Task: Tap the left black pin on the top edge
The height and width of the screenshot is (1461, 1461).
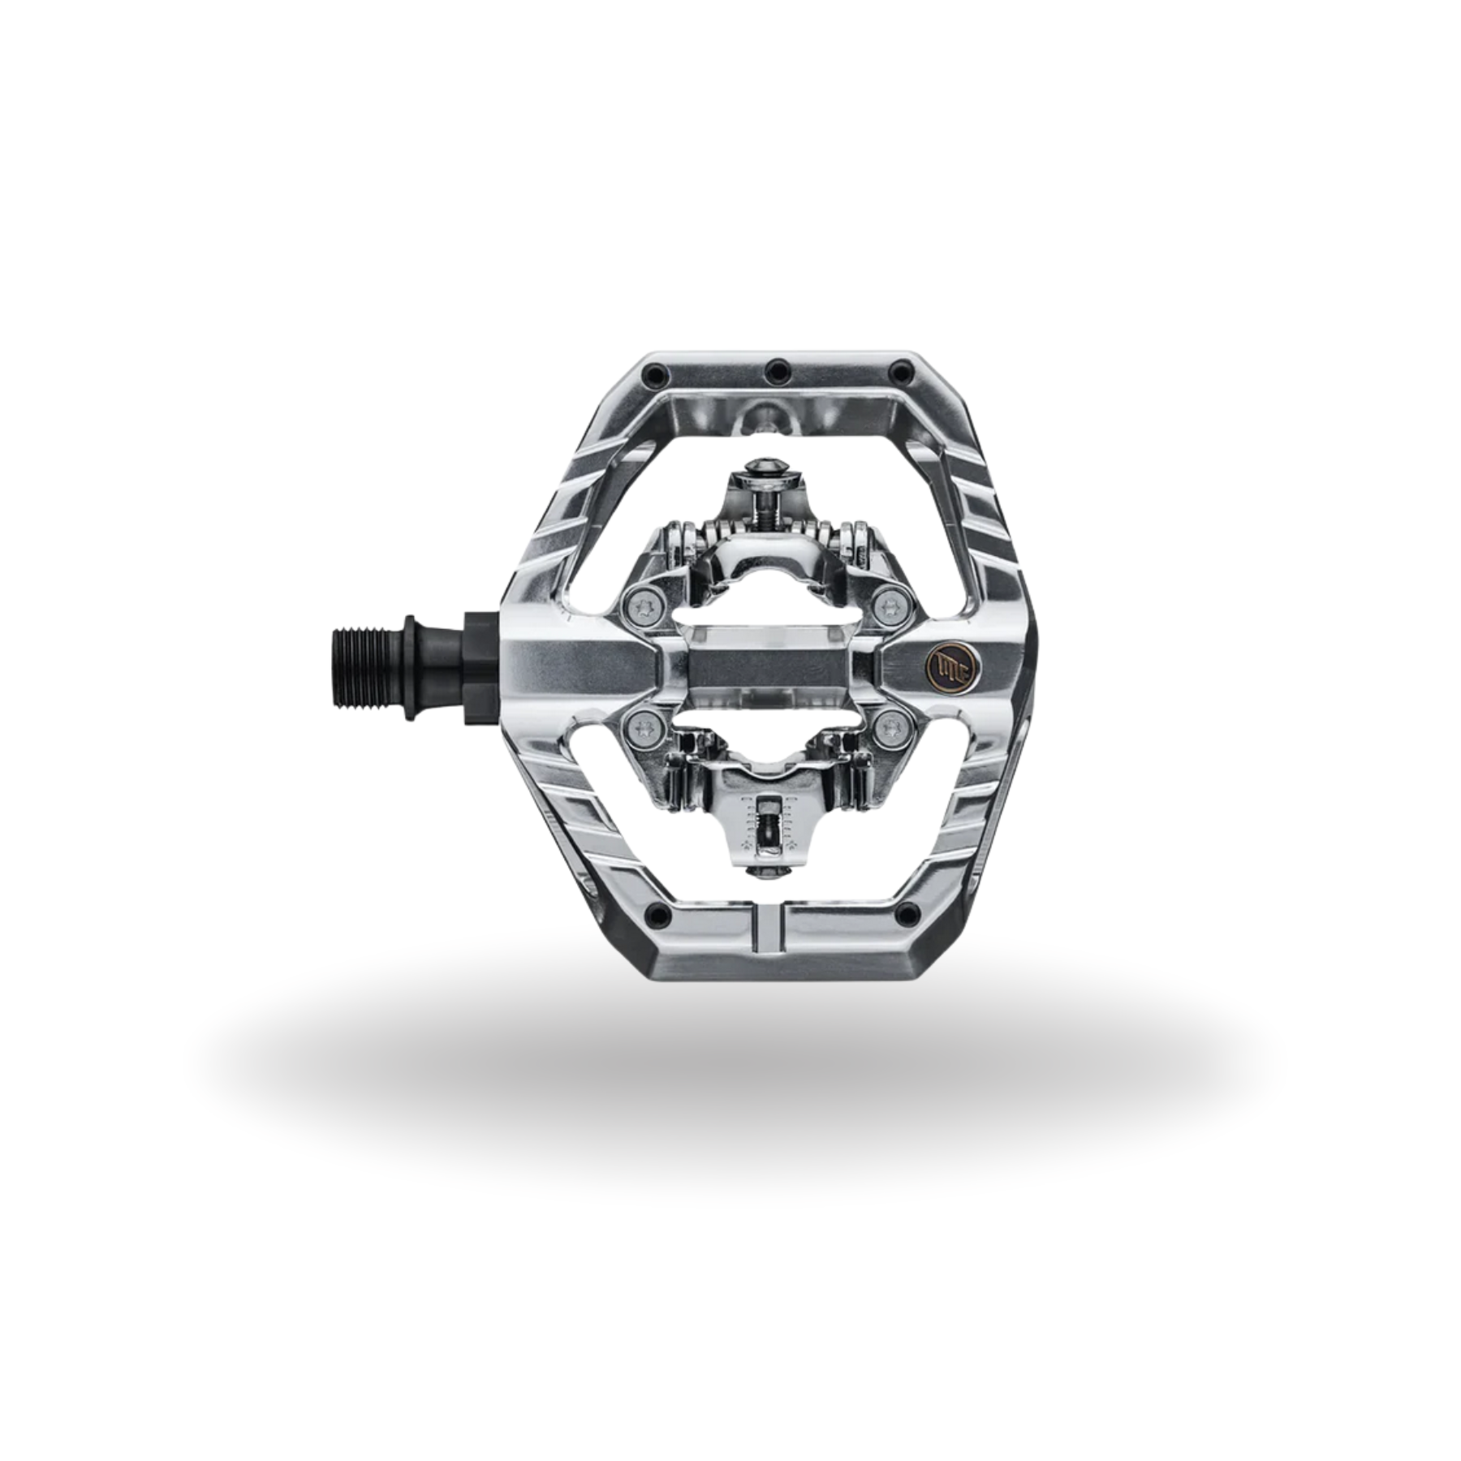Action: [653, 375]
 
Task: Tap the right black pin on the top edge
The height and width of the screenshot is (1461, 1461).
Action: [900, 374]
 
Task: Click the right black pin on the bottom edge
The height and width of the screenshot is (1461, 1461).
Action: [907, 915]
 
